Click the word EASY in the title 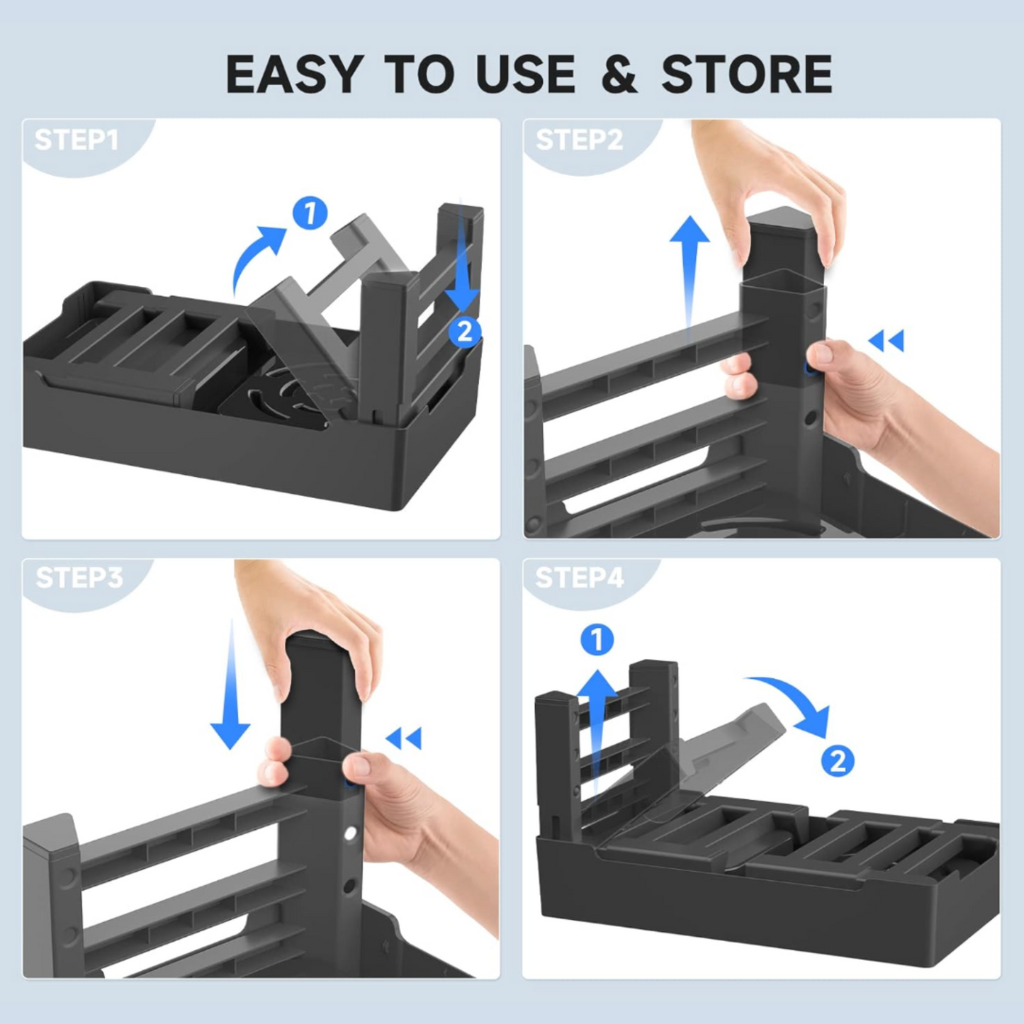coord(294,74)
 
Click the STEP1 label coord(77,140)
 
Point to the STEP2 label coord(579,140)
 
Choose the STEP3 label coord(79,578)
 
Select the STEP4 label coord(579,578)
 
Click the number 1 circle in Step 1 coord(310,213)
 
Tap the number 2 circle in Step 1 coord(464,332)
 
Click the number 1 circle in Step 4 coord(597,640)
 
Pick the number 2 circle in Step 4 coord(838,761)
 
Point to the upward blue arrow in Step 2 coord(689,269)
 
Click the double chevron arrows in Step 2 coord(887,341)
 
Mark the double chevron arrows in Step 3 coord(404,738)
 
